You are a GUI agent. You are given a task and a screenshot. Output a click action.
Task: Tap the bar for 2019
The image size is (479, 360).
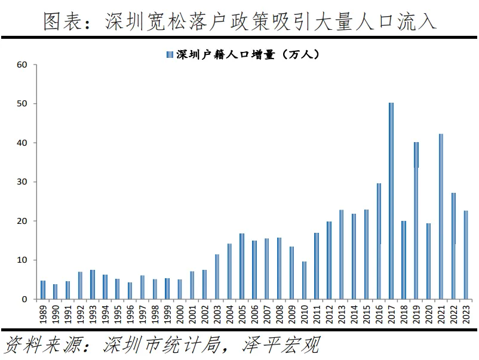[x=416, y=220]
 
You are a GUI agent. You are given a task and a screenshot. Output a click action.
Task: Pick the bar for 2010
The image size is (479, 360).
[x=304, y=280]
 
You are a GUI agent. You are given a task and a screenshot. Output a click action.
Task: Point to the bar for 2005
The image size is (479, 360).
[x=242, y=266]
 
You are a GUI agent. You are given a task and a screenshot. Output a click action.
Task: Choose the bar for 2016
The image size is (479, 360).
[x=379, y=241]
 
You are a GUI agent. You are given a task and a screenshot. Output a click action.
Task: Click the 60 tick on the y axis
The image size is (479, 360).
[x=23, y=64]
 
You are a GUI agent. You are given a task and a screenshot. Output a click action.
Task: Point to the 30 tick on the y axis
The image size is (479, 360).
[x=23, y=182]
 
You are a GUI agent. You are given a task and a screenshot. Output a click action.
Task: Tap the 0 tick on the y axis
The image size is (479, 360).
[x=25, y=299]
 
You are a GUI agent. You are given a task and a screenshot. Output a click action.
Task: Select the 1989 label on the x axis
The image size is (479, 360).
[x=43, y=313]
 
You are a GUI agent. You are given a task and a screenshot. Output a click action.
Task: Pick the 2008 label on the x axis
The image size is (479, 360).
[x=279, y=313]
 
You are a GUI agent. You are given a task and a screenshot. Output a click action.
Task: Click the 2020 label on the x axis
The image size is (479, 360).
[x=428, y=313]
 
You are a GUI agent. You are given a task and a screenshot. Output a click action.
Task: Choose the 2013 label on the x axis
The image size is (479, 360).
[x=341, y=313]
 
